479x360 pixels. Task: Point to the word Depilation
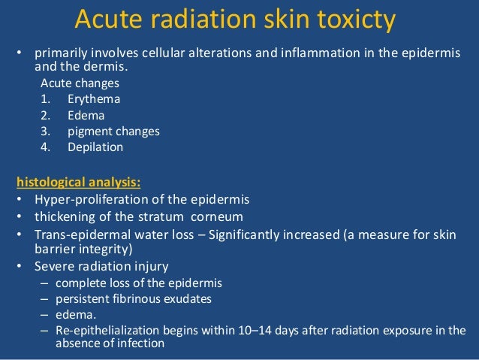click(95, 147)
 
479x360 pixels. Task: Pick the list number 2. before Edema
click(46, 116)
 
